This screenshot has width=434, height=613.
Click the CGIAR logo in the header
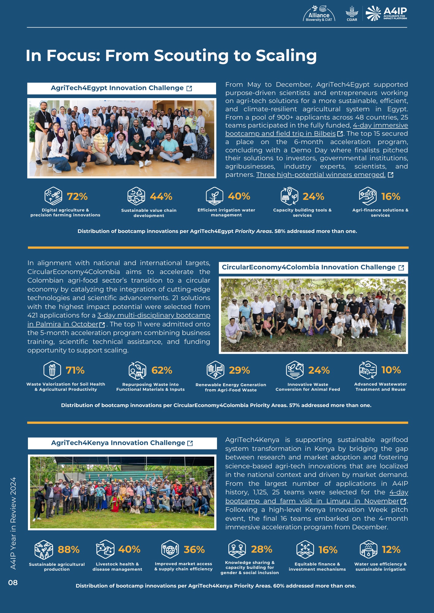[x=352, y=14]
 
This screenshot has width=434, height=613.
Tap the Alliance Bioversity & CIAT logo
[x=319, y=14]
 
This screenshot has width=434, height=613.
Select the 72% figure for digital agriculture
[x=77, y=196]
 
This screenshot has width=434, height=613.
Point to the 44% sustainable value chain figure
[x=161, y=196]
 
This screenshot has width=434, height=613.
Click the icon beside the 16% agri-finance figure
[x=368, y=196]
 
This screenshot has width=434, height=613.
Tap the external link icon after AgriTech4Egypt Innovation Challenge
[x=189, y=89]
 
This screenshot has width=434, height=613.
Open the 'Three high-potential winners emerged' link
[x=321, y=175]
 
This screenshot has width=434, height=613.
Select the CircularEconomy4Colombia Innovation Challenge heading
[x=308, y=267]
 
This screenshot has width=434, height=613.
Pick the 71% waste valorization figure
[x=75, y=370]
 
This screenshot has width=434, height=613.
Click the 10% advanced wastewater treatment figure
[x=391, y=370]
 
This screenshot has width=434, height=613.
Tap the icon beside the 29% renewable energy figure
[x=215, y=370]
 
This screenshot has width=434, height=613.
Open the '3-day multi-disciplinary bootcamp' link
[x=154, y=315]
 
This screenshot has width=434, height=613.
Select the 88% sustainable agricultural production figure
[x=68, y=550]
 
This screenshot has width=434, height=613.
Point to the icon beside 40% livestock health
[x=105, y=549]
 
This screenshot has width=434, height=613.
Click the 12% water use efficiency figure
[x=391, y=550]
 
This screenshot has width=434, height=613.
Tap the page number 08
[x=13, y=583]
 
